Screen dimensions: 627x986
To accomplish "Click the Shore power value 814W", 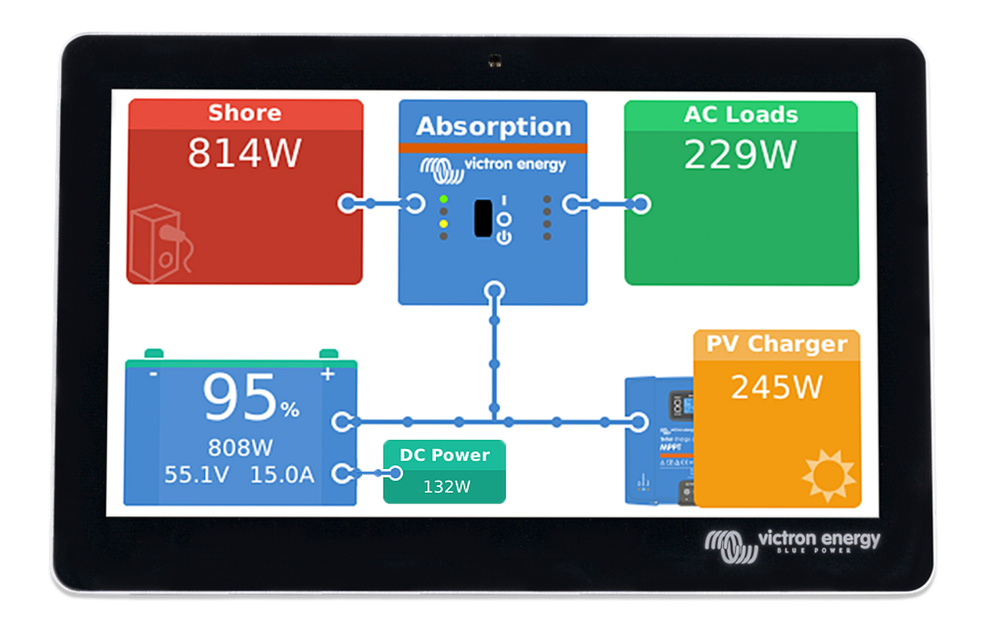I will click(x=244, y=153).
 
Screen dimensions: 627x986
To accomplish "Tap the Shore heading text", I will click(x=245, y=113).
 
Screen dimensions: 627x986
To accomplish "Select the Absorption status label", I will click(x=493, y=126).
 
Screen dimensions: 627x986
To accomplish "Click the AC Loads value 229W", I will click(x=739, y=155).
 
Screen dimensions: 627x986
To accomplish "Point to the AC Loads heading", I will click(x=740, y=115).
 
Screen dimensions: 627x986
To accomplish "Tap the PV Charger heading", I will click(x=776, y=344).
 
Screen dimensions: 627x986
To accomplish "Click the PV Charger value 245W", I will click(x=776, y=387).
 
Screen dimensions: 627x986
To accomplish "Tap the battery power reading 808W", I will click(x=240, y=448).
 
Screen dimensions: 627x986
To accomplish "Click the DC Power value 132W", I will click(x=446, y=487).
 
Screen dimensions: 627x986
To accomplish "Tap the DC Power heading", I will click(x=444, y=455).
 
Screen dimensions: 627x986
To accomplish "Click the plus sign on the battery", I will click(x=328, y=374).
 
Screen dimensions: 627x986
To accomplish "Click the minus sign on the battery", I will click(x=153, y=374).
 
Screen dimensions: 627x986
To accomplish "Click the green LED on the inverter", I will click(x=444, y=199).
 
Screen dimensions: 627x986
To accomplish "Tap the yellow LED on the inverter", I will click(x=444, y=223).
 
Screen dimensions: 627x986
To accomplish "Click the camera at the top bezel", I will click(x=492, y=59).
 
